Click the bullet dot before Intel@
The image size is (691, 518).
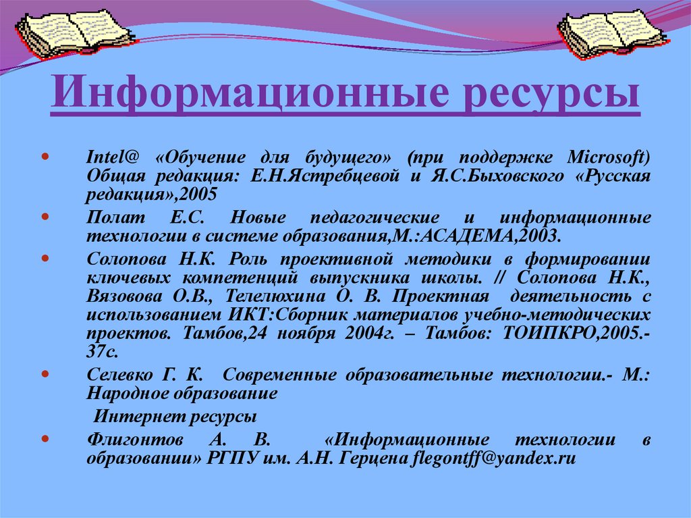tap(45, 157)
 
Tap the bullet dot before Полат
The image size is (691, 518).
tap(45, 217)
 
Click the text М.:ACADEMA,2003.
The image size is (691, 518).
tap(493, 236)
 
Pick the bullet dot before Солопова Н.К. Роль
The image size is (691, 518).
tap(45, 259)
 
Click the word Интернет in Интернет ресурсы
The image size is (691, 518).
tap(132, 414)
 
